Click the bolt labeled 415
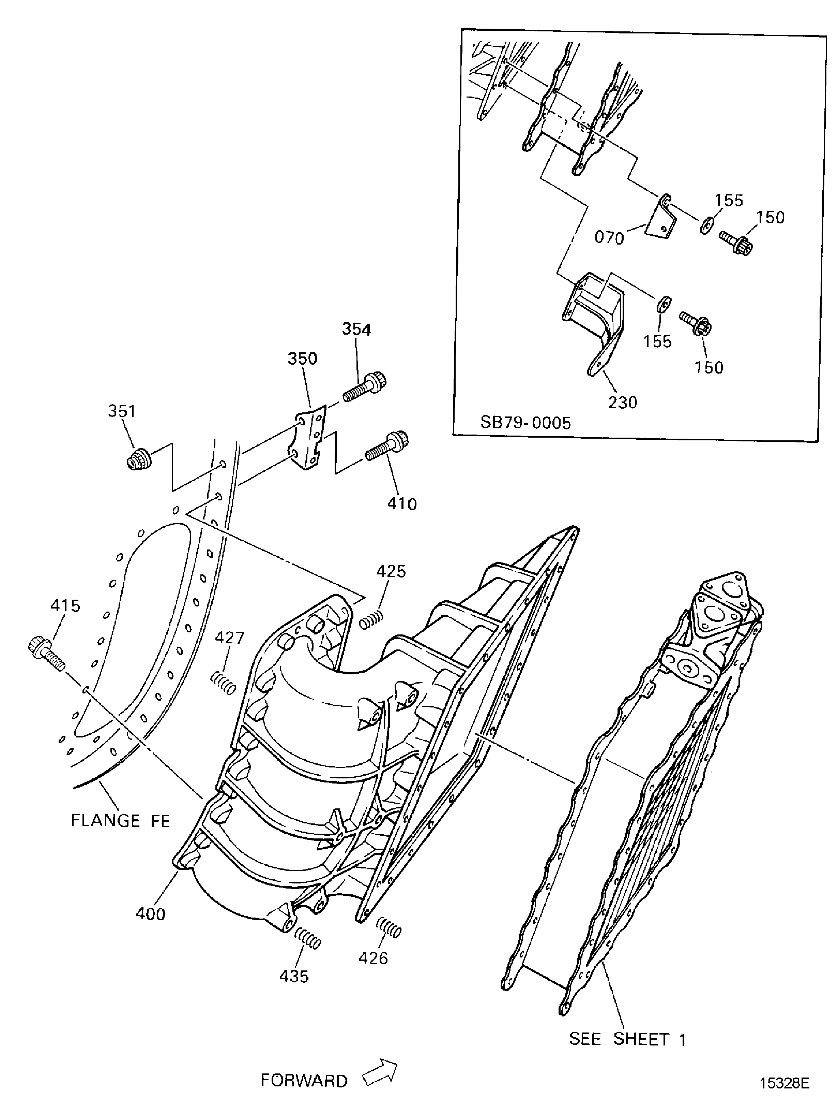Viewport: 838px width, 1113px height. pyautogui.click(x=46, y=653)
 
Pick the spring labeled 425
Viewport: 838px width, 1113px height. pyautogui.click(x=372, y=619)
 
